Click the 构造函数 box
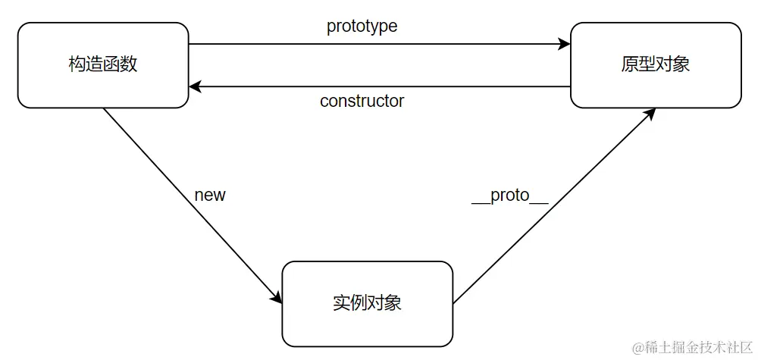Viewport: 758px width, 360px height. click(x=103, y=64)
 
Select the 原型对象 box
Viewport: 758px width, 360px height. click(x=655, y=64)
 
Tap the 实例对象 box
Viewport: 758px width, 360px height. click(x=367, y=303)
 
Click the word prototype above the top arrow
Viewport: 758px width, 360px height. click(x=362, y=26)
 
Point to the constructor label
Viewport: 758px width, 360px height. click(x=362, y=101)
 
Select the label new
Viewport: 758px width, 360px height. click(x=210, y=195)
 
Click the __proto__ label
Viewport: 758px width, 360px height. click(x=509, y=195)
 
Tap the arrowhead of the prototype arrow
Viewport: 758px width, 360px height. click(x=564, y=44)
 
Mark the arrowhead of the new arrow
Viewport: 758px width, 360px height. click(x=276, y=299)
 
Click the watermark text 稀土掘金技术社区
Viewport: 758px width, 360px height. click(x=698, y=347)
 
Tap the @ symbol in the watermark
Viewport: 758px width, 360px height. click(x=639, y=347)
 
